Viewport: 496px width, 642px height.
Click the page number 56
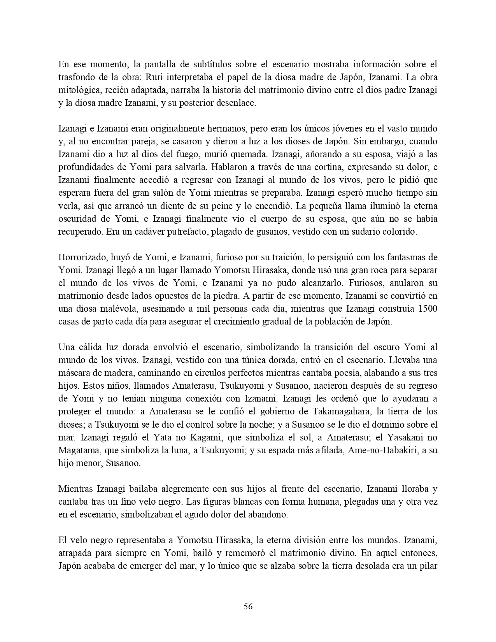pyautogui.click(x=248, y=606)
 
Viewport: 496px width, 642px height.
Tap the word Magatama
pyautogui.click(x=76, y=450)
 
